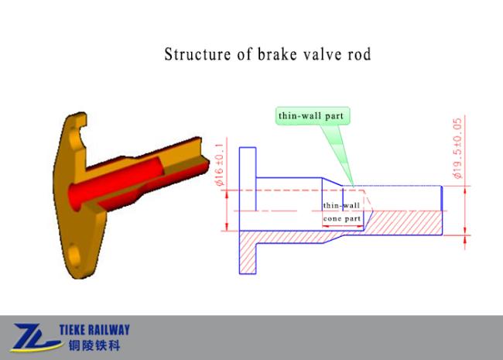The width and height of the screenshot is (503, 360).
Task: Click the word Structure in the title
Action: (x=197, y=54)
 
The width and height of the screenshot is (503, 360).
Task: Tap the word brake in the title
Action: (x=277, y=54)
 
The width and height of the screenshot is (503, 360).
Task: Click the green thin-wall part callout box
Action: (x=313, y=116)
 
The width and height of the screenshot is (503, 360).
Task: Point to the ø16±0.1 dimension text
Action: (x=220, y=164)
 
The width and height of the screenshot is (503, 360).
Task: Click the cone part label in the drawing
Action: (x=342, y=219)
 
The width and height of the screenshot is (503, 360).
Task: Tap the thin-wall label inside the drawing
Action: (x=341, y=205)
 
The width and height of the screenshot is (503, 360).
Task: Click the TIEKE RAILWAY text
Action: (x=94, y=330)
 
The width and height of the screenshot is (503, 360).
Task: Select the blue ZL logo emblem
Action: (x=36, y=338)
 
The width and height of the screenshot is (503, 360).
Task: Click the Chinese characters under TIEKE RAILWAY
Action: (x=94, y=345)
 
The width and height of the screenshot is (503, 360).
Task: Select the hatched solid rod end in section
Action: (x=403, y=223)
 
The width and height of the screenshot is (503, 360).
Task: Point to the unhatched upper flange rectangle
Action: (x=248, y=179)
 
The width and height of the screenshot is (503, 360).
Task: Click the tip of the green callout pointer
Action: (x=353, y=186)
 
